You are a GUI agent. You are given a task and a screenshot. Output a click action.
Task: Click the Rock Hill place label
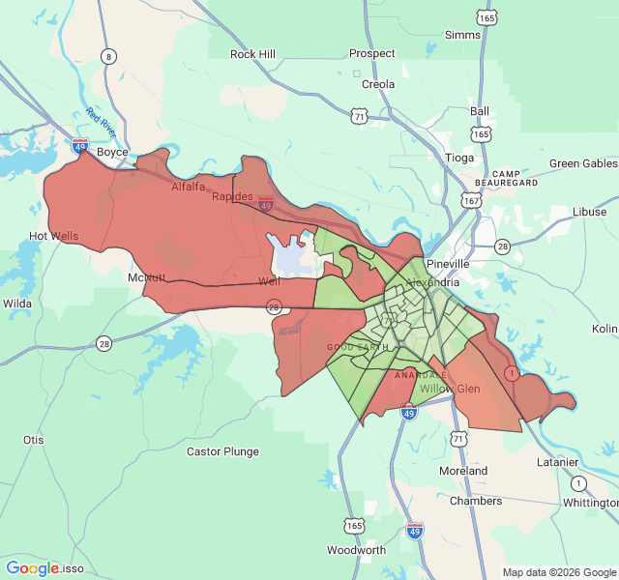click(252, 54)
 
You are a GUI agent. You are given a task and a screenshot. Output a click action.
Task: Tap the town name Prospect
click(372, 54)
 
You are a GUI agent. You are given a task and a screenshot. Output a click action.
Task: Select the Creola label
click(378, 84)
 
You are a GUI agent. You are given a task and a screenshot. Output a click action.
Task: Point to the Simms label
click(462, 35)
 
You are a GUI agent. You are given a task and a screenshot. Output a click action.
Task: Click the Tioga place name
click(459, 158)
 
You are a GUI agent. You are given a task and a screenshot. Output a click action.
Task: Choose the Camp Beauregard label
click(507, 177)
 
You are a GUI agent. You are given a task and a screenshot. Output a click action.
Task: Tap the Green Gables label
click(583, 163)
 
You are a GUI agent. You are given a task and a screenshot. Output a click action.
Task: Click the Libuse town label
click(589, 212)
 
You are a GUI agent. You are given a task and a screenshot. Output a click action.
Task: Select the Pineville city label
click(447, 263)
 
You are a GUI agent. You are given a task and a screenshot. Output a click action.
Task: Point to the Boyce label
click(112, 152)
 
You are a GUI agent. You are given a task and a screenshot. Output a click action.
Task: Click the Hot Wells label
click(53, 236)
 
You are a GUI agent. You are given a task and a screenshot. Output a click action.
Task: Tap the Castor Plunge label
click(222, 451)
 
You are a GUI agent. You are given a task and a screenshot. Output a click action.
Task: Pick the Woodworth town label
click(356, 550)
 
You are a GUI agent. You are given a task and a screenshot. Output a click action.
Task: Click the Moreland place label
click(463, 471)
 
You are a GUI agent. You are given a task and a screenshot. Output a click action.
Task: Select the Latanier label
click(557, 462)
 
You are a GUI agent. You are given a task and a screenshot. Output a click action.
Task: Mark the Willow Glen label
click(449, 389)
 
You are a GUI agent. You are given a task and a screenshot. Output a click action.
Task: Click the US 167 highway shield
click(471, 201)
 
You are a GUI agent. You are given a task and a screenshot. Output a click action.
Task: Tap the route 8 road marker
click(108, 56)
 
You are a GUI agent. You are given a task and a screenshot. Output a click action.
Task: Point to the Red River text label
click(100, 123)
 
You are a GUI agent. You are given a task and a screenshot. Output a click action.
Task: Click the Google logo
click(32, 568)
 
